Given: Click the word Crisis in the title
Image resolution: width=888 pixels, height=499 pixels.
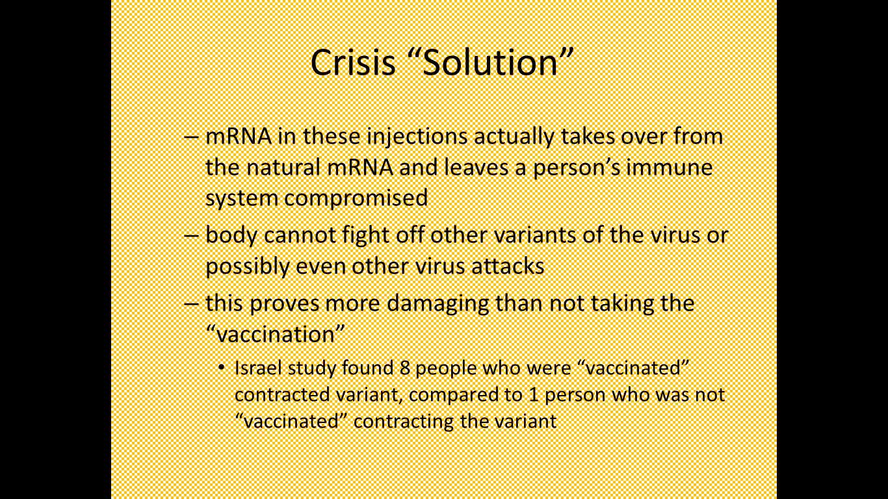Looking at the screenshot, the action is pyautogui.click(x=353, y=62).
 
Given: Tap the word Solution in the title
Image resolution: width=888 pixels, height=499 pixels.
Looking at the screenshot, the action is pyautogui.click(x=490, y=62).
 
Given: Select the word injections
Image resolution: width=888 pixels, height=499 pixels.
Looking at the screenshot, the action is pyautogui.click(x=417, y=137).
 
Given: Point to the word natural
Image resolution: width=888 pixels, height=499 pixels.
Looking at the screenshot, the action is pyautogui.click(x=283, y=167).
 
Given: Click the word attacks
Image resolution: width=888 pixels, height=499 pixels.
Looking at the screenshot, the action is pyautogui.click(x=508, y=266).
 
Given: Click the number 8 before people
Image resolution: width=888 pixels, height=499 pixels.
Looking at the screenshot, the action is pyautogui.click(x=404, y=368).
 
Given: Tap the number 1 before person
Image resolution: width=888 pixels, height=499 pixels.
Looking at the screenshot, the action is pyautogui.click(x=534, y=395).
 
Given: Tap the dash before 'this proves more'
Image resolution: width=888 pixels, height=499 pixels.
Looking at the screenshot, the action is pyautogui.click(x=191, y=304).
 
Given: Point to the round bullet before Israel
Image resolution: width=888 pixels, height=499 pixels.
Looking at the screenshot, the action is pyautogui.click(x=222, y=368).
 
